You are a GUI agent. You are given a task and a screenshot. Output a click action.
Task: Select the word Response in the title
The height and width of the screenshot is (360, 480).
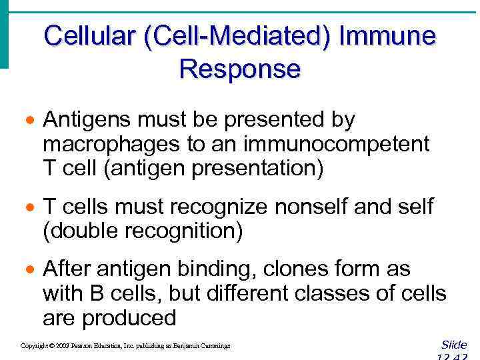[240, 69]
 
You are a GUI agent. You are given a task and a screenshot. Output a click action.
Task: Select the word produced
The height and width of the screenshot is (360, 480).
[129, 318]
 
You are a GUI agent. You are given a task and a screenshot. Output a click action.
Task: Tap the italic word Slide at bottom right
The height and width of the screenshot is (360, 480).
[454, 345]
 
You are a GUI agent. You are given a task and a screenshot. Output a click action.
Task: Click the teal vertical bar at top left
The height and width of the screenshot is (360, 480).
[4, 33]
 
